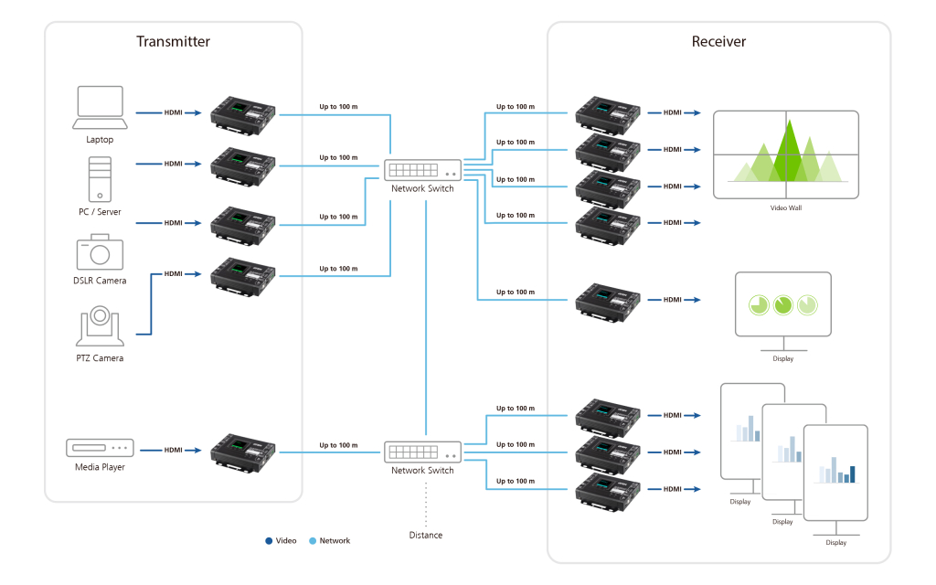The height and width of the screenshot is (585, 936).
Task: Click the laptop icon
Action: (x=100, y=109)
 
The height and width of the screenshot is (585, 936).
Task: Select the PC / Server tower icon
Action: (x=100, y=179)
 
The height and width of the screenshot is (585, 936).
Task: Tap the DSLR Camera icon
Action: (x=100, y=252)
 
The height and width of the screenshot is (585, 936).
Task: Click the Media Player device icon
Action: (x=100, y=448)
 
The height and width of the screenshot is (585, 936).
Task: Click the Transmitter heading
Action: (x=173, y=41)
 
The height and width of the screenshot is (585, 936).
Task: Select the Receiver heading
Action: (x=718, y=41)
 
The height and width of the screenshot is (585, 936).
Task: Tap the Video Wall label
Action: (x=785, y=208)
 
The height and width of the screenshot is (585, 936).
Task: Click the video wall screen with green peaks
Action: (x=785, y=154)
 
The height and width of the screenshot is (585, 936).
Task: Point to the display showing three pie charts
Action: (x=782, y=304)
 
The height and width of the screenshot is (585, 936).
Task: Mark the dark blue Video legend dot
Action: (x=269, y=540)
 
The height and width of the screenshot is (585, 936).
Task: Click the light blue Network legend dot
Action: (x=313, y=540)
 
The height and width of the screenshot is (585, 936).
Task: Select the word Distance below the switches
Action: (x=426, y=535)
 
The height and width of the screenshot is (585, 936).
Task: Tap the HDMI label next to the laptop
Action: (x=173, y=112)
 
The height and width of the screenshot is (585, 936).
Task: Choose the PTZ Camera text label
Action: (x=100, y=358)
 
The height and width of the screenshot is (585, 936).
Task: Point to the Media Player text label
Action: (x=100, y=467)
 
